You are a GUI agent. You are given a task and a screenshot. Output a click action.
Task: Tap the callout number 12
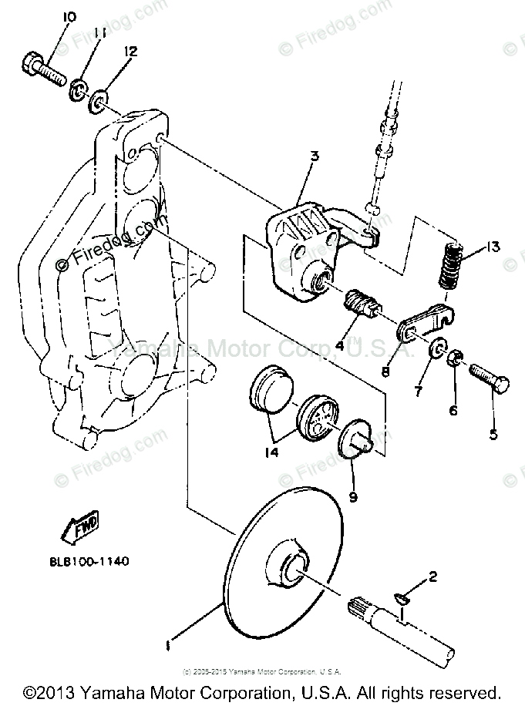tap(130, 52)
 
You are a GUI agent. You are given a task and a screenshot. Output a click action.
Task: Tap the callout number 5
tap(493, 433)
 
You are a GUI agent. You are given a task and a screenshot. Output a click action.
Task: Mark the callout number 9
tap(352, 497)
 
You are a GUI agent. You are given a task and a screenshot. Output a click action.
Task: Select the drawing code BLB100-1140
tap(80, 561)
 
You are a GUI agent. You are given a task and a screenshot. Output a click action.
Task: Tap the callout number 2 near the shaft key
tap(432, 575)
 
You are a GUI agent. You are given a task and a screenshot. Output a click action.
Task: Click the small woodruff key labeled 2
tap(405, 595)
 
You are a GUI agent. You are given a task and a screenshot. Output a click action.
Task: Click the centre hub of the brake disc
tap(295, 569)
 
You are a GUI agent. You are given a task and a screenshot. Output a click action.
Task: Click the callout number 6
tap(453, 410)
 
